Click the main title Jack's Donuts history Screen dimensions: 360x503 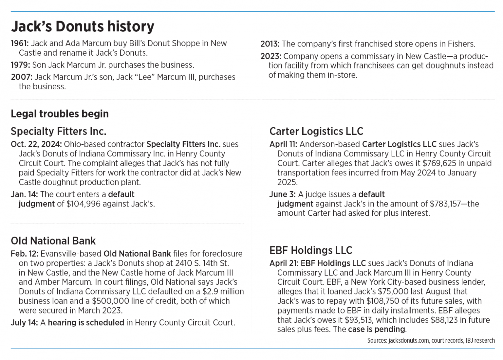82,27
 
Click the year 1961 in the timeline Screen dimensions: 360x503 20,44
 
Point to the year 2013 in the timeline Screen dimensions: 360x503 270,44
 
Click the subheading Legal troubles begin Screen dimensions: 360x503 60,114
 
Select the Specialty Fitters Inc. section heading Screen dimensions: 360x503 58,131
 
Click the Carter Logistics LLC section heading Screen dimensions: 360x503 316,131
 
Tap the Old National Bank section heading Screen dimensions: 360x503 53,241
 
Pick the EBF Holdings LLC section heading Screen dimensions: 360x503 310,250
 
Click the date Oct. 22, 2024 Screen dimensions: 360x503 36,144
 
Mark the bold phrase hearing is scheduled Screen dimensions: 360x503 86,323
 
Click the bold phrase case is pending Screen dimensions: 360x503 376,329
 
